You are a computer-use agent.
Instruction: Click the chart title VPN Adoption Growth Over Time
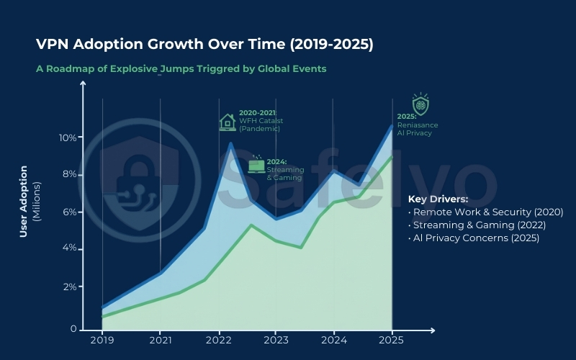204,45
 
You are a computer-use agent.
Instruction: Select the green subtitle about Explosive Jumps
181,69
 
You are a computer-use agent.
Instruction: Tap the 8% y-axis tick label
71,174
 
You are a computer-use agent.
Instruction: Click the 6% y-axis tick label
71,212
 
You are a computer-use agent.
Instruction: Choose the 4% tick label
71,249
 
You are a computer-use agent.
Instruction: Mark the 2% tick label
71,287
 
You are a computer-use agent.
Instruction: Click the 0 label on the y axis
73,328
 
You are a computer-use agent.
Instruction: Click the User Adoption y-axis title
24,202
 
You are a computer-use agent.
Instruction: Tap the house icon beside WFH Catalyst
228,122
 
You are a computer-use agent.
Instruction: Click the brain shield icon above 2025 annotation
419,104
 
